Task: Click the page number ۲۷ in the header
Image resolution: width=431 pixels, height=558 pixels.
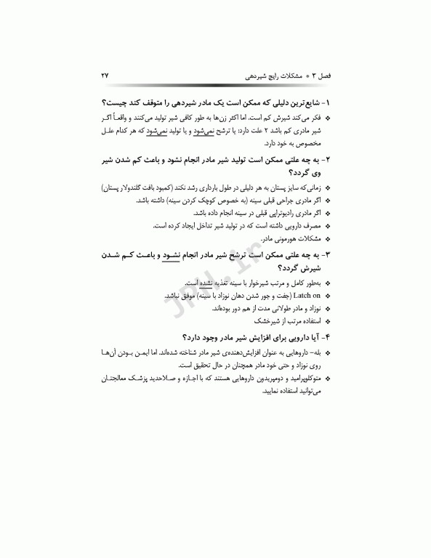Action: (x=105, y=76)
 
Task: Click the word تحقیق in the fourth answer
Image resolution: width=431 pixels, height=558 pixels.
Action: (x=200, y=365)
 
